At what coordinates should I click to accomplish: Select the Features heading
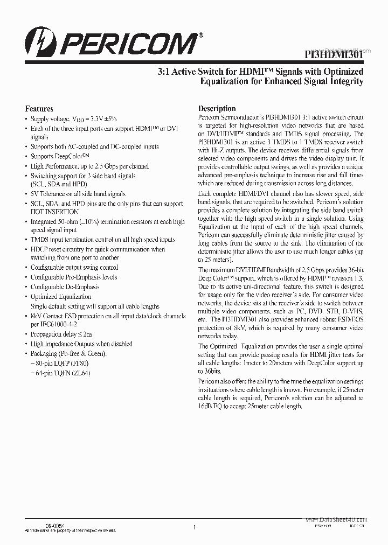pos(39,109)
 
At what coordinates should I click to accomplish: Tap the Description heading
pos(217,108)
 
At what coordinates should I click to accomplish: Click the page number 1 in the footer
pos(194,528)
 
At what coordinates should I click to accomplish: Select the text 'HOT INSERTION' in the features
pos(54,212)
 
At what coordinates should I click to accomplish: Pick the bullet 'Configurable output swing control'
pos(74,268)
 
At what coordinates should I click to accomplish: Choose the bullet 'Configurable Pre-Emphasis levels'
pos(74,277)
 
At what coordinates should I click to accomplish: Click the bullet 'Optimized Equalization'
pos(61,297)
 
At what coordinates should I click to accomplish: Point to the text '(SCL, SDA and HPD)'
pos(58,184)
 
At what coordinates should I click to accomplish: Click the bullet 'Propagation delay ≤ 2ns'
pos(61,334)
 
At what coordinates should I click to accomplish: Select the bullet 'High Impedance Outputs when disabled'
pos(81,344)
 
